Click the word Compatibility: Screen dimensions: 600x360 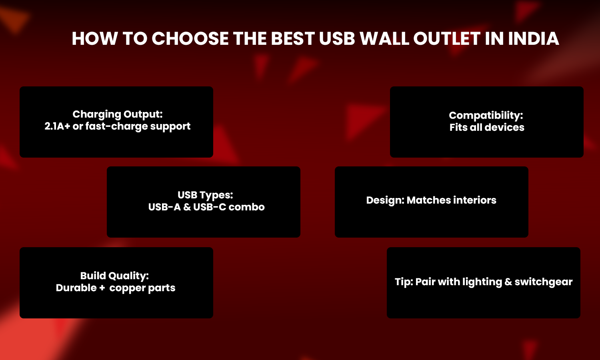[486, 116]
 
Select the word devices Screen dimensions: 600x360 [504, 127]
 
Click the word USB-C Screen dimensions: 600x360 [210, 207]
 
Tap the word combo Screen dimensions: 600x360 [247, 207]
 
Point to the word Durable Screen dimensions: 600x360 [76, 288]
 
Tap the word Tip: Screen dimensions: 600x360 [404, 282]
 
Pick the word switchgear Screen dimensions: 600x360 [544, 282]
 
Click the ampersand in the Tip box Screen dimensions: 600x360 [508, 282]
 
